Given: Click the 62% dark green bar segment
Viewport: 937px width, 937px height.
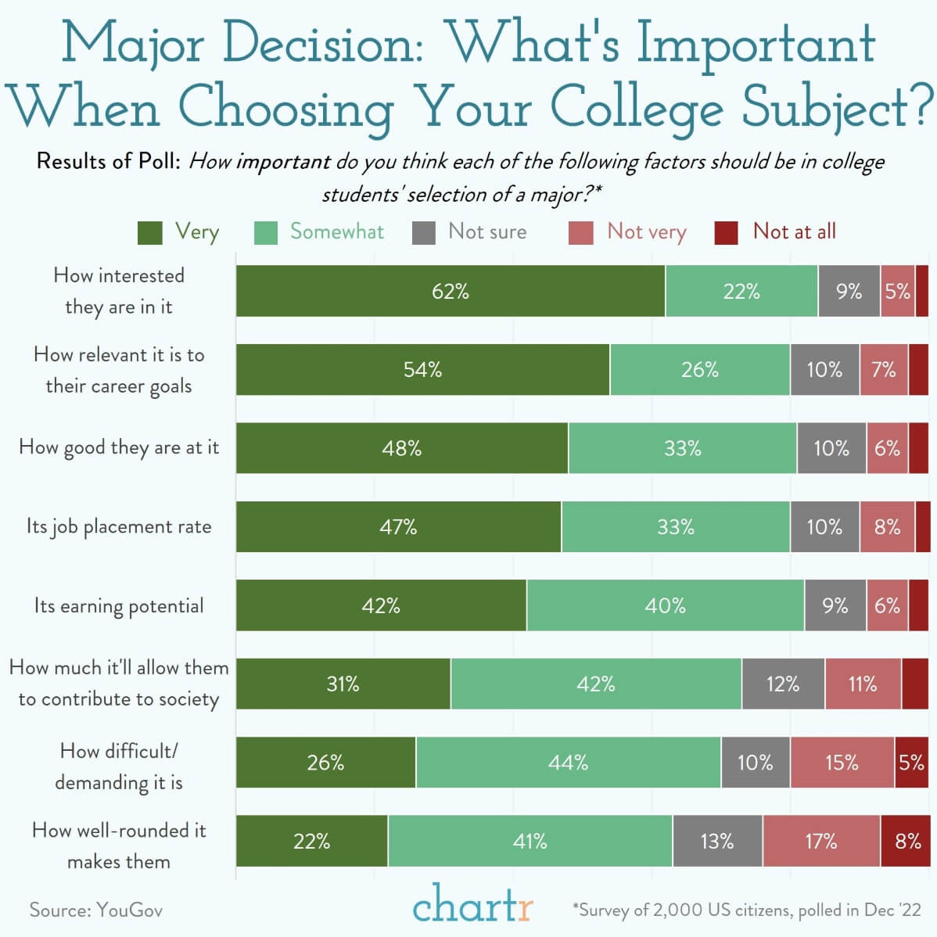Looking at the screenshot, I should [x=451, y=291].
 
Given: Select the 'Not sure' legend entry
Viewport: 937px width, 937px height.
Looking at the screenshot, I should [x=470, y=232].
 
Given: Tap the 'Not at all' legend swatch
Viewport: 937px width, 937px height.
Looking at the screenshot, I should [x=727, y=232].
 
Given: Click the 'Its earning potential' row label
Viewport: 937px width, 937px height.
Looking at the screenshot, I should [x=119, y=605].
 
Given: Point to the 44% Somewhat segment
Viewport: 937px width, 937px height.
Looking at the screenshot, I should [x=568, y=762].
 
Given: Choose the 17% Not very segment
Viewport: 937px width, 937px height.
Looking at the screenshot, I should [x=821, y=841].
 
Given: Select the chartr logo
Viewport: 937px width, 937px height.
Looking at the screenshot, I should [x=472, y=906].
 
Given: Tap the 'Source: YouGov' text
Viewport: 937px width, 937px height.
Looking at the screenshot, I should [x=96, y=910].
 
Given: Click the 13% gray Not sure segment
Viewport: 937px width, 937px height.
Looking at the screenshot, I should [x=717, y=841].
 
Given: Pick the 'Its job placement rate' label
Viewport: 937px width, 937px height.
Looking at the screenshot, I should [x=119, y=526].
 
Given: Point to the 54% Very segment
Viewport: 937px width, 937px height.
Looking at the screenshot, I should [x=422, y=369].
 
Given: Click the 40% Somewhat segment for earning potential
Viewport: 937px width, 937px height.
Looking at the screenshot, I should [x=665, y=605].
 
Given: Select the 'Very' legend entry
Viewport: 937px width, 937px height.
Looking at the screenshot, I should [x=178, y=232].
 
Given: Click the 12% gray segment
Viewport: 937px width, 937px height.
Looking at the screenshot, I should [x=783, y=684].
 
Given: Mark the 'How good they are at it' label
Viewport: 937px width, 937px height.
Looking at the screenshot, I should [x=119, y=447].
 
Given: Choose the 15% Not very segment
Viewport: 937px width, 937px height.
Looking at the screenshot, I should [x=842, y=762].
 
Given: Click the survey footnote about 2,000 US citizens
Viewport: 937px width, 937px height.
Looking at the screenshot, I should [x=747, y=910].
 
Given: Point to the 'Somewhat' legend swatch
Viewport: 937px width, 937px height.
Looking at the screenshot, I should [x=266, y=232].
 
